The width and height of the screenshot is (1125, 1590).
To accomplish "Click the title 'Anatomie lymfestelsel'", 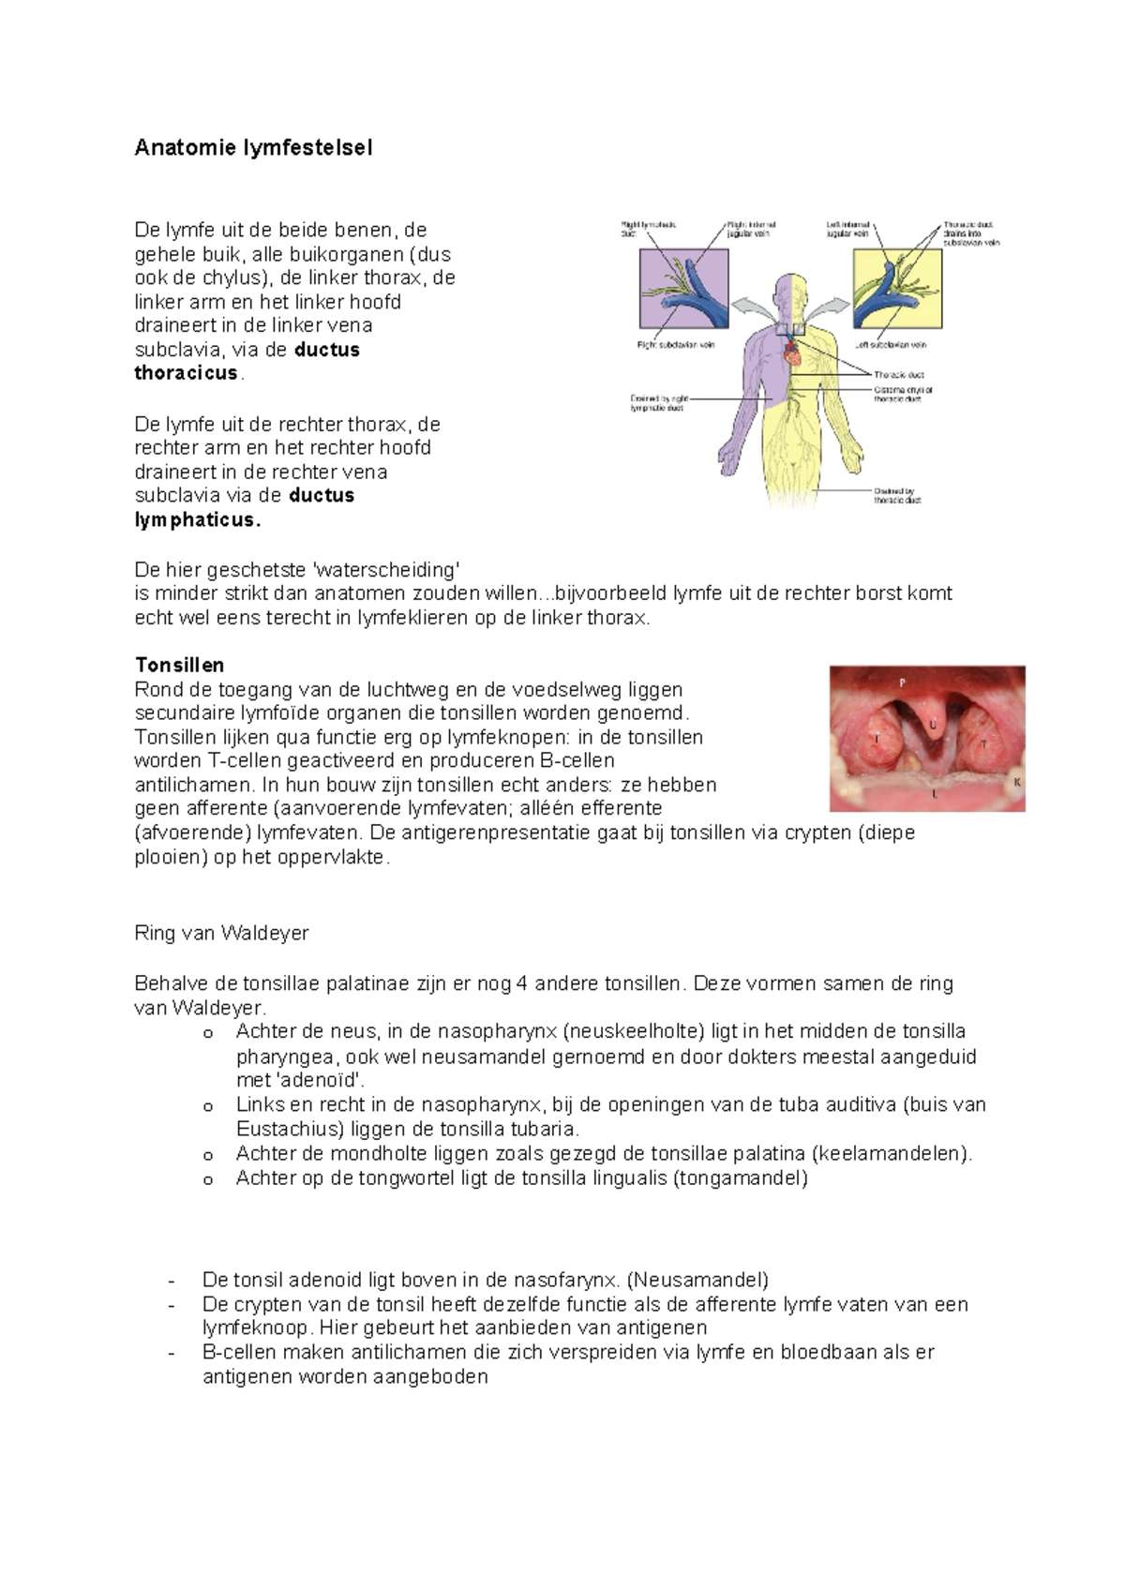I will point(253,148).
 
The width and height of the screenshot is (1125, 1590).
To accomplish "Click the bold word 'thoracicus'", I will point(186,373).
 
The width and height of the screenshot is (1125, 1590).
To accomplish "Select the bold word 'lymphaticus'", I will point(196,520).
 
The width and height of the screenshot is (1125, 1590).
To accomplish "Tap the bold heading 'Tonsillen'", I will point(179,666).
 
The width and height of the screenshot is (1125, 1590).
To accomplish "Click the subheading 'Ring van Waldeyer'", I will point(221,934).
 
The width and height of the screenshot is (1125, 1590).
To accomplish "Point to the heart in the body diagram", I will point(791,354).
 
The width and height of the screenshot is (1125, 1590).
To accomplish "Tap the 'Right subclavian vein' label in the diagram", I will point(676,345).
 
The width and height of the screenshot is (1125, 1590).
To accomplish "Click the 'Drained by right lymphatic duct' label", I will point(657,403).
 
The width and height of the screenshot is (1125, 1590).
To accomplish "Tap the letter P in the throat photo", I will point(903,682).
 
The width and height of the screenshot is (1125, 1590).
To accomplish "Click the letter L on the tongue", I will point(934,793).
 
